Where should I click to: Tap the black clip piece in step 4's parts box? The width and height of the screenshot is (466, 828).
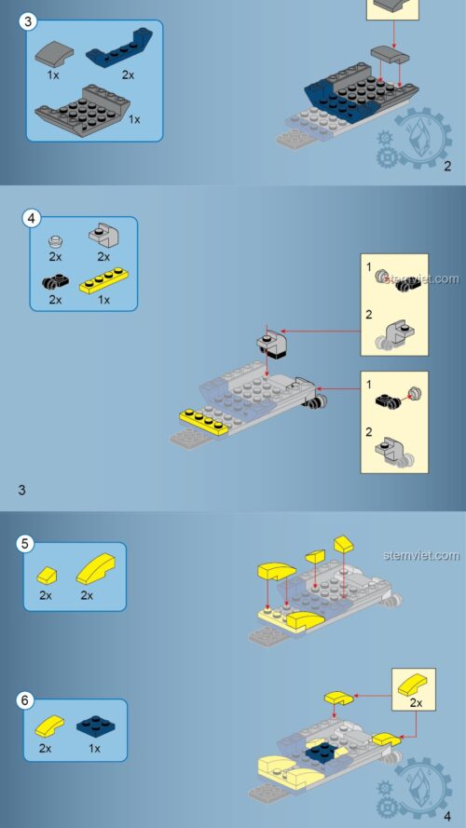click(x=55, y=280)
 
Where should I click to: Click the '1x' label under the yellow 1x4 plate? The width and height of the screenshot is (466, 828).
click(x=103, y=300)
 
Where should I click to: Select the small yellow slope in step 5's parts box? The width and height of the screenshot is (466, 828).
click(x=47, y=574)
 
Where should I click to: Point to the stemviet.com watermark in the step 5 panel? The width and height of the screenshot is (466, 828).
click(x=420, y=555)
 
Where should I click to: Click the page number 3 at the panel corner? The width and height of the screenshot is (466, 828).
click(x=21, y=489)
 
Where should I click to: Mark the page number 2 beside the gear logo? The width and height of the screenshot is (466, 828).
click(x=447, y=167)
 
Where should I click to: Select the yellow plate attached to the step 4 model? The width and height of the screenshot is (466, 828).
click(x=205, y=422)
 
